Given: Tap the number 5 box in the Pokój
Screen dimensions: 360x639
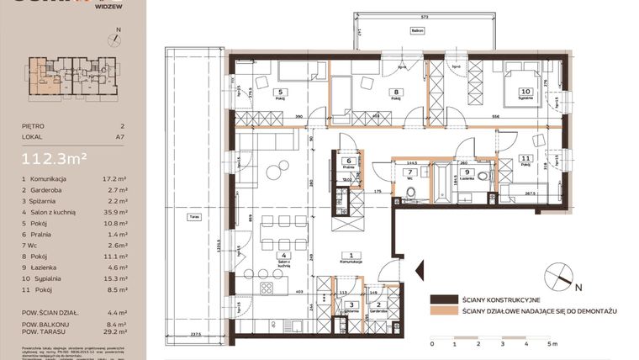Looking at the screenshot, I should (x=282, y=93).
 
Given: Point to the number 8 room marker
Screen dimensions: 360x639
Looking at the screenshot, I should (x=395, y=93).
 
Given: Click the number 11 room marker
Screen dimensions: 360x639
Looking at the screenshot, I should (x=525, y=157).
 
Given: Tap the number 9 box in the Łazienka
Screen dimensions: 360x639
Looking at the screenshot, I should (x=467, y=173).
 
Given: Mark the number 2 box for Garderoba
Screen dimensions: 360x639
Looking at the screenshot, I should (x=379, y=304).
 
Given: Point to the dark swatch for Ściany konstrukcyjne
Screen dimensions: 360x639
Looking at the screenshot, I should (x=441, y=299).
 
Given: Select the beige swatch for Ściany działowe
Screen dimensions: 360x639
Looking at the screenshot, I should (x=441, y=311).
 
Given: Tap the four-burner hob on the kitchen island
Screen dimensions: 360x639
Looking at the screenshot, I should (x=268, y=288).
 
